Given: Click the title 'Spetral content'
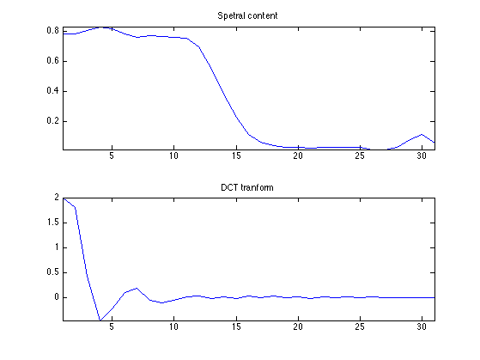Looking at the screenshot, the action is click(247, 16).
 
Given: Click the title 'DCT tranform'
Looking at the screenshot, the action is click(247, 187).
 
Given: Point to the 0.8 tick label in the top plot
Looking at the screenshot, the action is click(52, 31).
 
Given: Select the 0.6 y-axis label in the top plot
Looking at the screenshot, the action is click(52, 61).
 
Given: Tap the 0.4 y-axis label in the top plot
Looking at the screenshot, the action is click(52, 91).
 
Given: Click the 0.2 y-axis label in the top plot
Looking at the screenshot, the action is click(52, 120).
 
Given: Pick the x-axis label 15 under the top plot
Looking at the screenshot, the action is click(236, 156).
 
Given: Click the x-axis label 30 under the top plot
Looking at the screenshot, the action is click(422, 156).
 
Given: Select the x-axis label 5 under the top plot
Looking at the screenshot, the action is click(112, 156).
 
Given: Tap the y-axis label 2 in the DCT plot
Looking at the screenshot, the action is click(57, 198).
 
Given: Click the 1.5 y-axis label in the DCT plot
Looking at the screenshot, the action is click(52, 223).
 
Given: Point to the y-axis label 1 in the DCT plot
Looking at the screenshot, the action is click(57, 247).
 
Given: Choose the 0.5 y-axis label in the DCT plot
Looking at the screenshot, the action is click(52, 272).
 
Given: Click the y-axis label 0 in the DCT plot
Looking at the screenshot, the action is click(57, 297).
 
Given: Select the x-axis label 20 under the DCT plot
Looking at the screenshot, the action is click(298, 326).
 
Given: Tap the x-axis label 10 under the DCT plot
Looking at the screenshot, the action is click(173, 326).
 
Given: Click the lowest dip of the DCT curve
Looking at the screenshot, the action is click(100, 320).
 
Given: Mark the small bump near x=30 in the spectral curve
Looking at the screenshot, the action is click(422, 135).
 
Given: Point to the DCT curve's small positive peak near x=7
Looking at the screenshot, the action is click(137, 289).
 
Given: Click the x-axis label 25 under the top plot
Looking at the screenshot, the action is click(360, 156).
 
